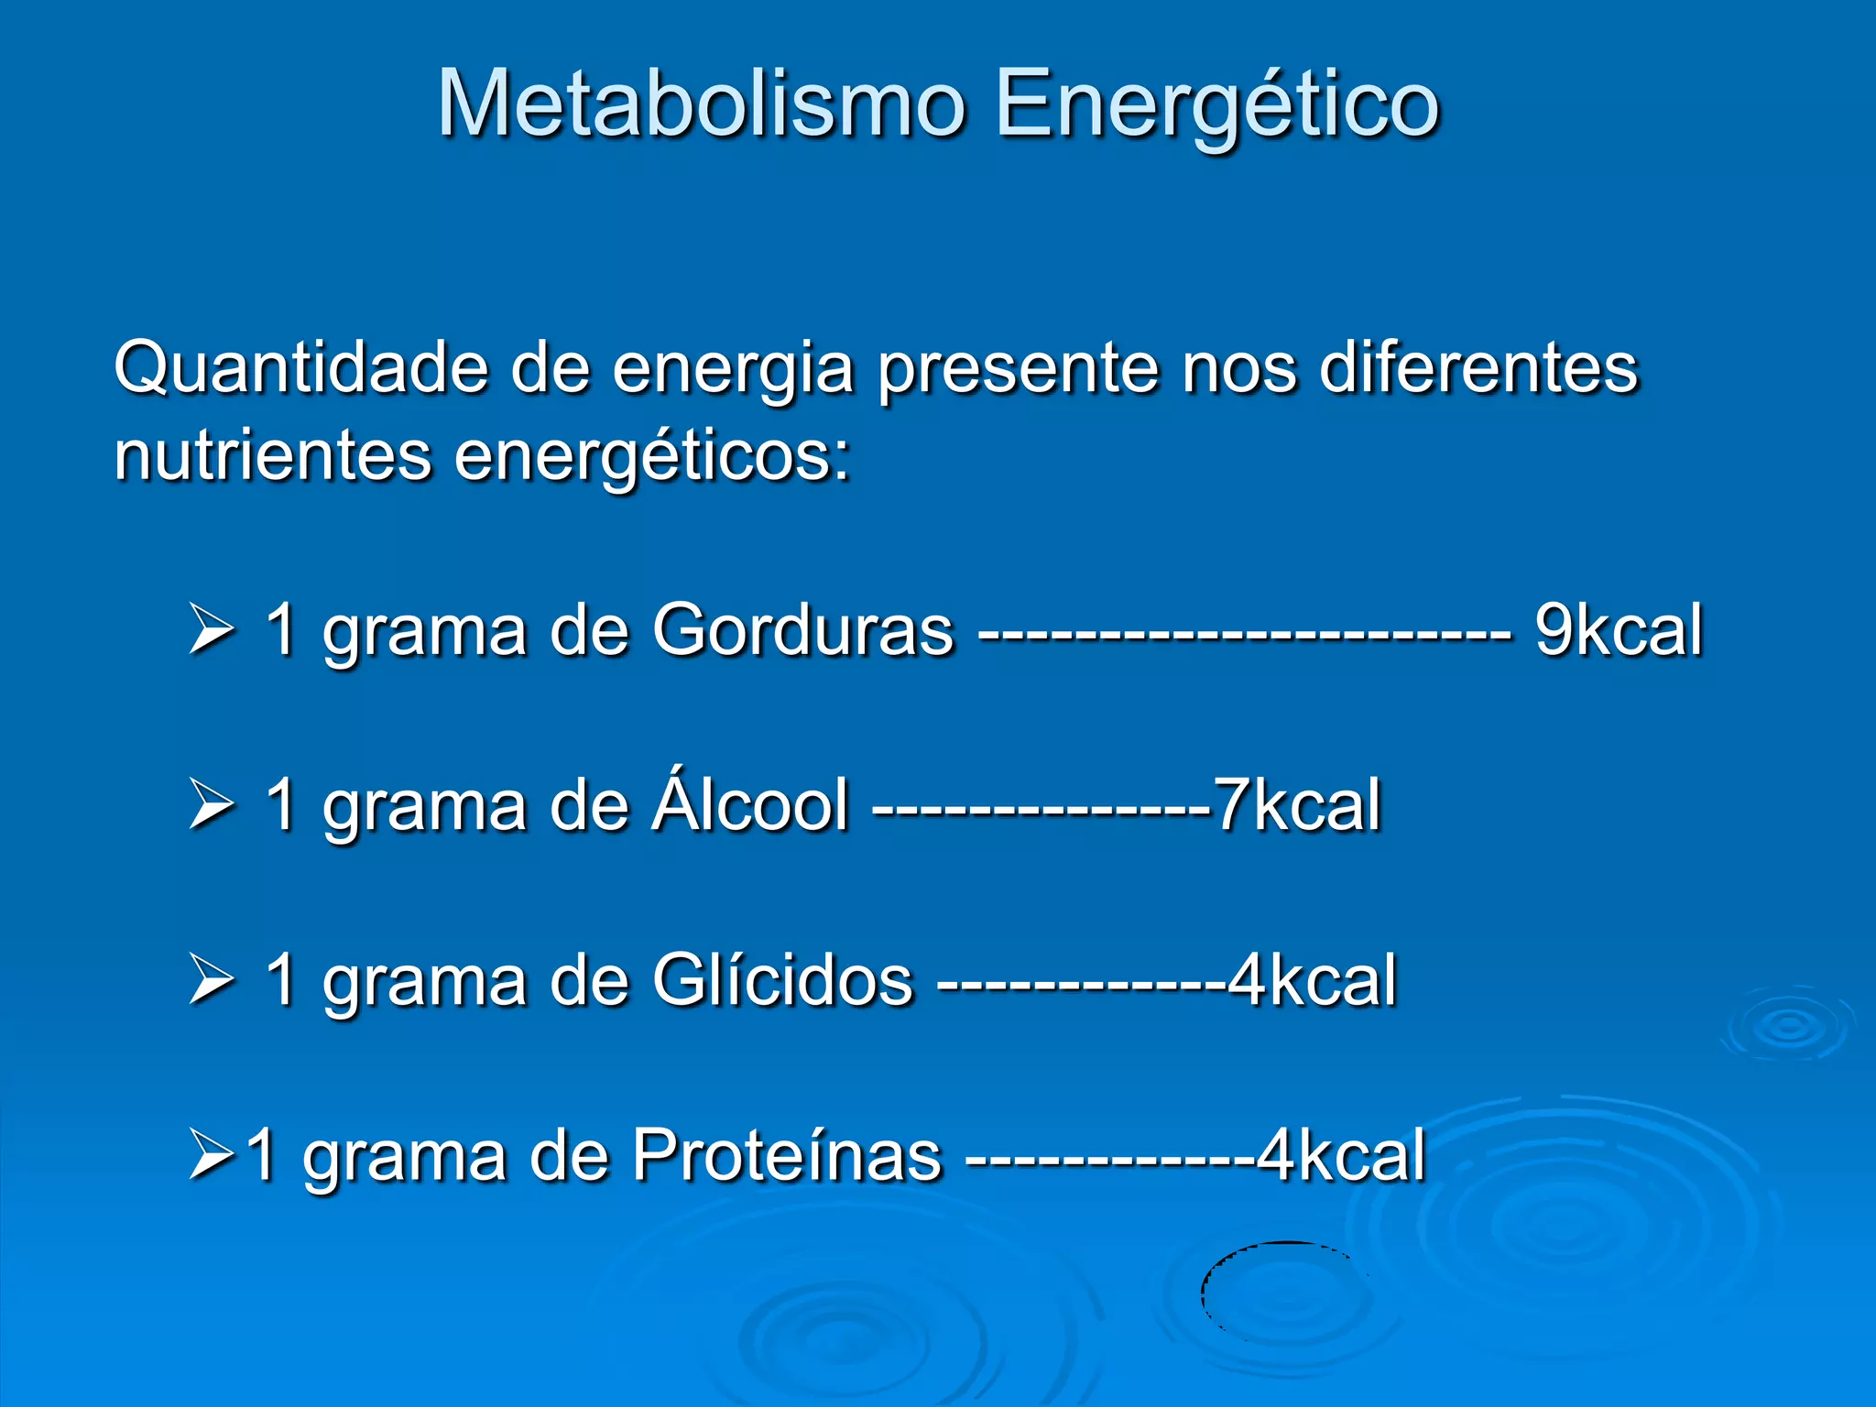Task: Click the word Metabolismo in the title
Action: [702, 104]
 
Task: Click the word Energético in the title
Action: [1217, 105]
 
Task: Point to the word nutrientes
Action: [272, 455]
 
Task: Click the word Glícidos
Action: [782, 980]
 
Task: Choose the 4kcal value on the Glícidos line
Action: [1313, 980]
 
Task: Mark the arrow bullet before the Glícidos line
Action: [212, 979]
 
